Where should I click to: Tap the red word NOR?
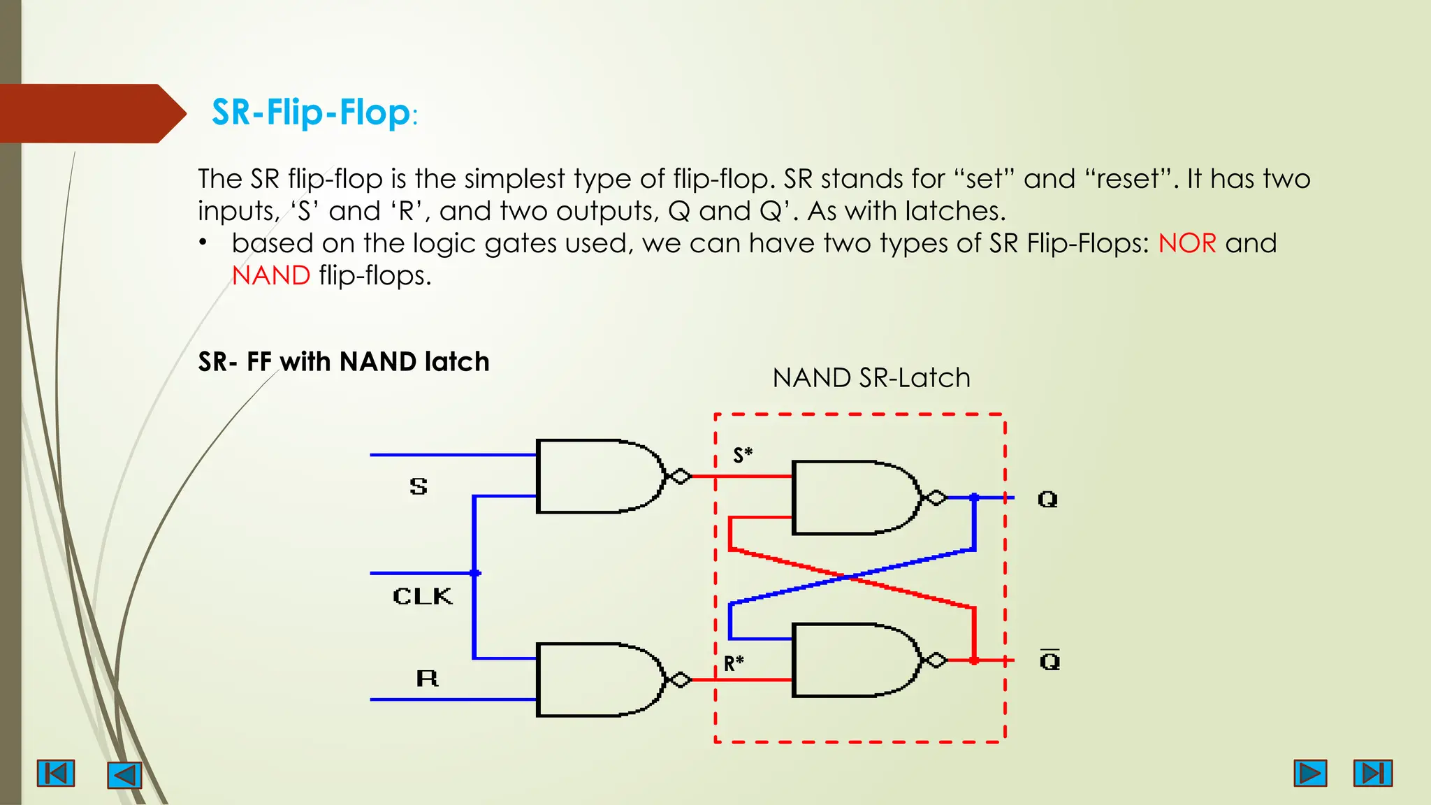tap(1187, 243)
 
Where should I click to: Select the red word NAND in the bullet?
tap(271, 275)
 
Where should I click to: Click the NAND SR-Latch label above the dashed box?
tap(871, 378)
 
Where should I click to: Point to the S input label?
tap(419, 486)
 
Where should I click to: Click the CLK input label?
tap(423, 596)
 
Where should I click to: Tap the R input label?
tap(427, 678)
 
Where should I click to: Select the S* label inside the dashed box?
tap(743, 456)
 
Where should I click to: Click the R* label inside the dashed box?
tap(734, 663)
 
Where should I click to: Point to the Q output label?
tap(1047, 499)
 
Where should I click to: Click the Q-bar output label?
tap(1049, 660)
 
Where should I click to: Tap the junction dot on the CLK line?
tap(475, 573)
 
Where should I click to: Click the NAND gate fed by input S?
tap(597, 477)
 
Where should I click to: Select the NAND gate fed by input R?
tap(597, 680)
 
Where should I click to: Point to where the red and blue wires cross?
tap(847, 577)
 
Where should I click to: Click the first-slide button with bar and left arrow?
tap(56, 774)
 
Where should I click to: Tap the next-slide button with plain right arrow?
tap(1310, 774)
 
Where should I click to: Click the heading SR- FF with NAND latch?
tap(344, 362)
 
